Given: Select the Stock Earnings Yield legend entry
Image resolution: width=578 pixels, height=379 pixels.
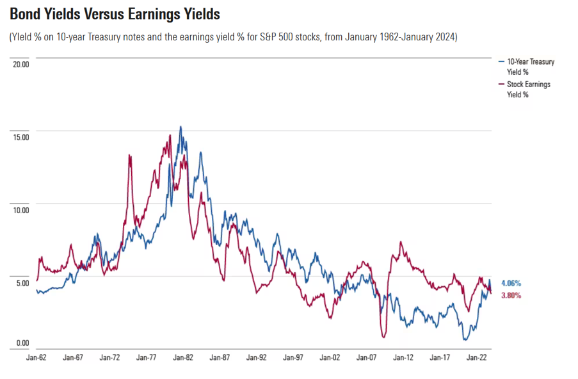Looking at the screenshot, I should point(527,89).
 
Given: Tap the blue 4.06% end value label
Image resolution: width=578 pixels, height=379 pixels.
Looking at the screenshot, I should point(511,283).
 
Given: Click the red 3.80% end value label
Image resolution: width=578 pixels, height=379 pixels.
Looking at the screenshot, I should point(511,296).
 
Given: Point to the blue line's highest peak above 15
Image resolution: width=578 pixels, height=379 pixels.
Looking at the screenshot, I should point(181,127).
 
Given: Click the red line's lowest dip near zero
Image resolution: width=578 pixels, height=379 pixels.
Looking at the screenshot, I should point(383,336).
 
